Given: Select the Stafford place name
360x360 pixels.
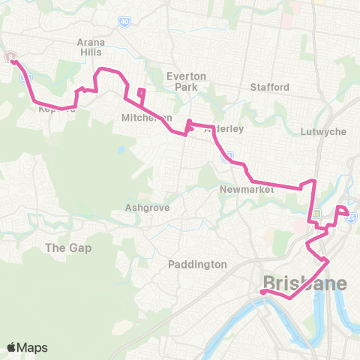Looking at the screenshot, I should [271, 87].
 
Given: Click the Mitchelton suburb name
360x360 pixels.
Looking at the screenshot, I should [147, 118].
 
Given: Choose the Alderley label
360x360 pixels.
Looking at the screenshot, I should [223, 129].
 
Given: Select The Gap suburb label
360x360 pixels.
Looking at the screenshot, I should [68, 247].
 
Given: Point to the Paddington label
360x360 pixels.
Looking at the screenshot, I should [197, 264].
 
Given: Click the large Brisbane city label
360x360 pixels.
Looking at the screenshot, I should [304, 283].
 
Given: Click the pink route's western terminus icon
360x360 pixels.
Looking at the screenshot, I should [13, 58].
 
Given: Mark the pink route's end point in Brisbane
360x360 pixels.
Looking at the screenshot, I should [264, 292].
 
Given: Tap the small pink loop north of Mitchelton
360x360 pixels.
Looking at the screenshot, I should [140, 94].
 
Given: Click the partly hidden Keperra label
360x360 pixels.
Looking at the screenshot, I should [56, 109].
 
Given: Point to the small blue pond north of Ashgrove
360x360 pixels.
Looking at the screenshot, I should [120, 148].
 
